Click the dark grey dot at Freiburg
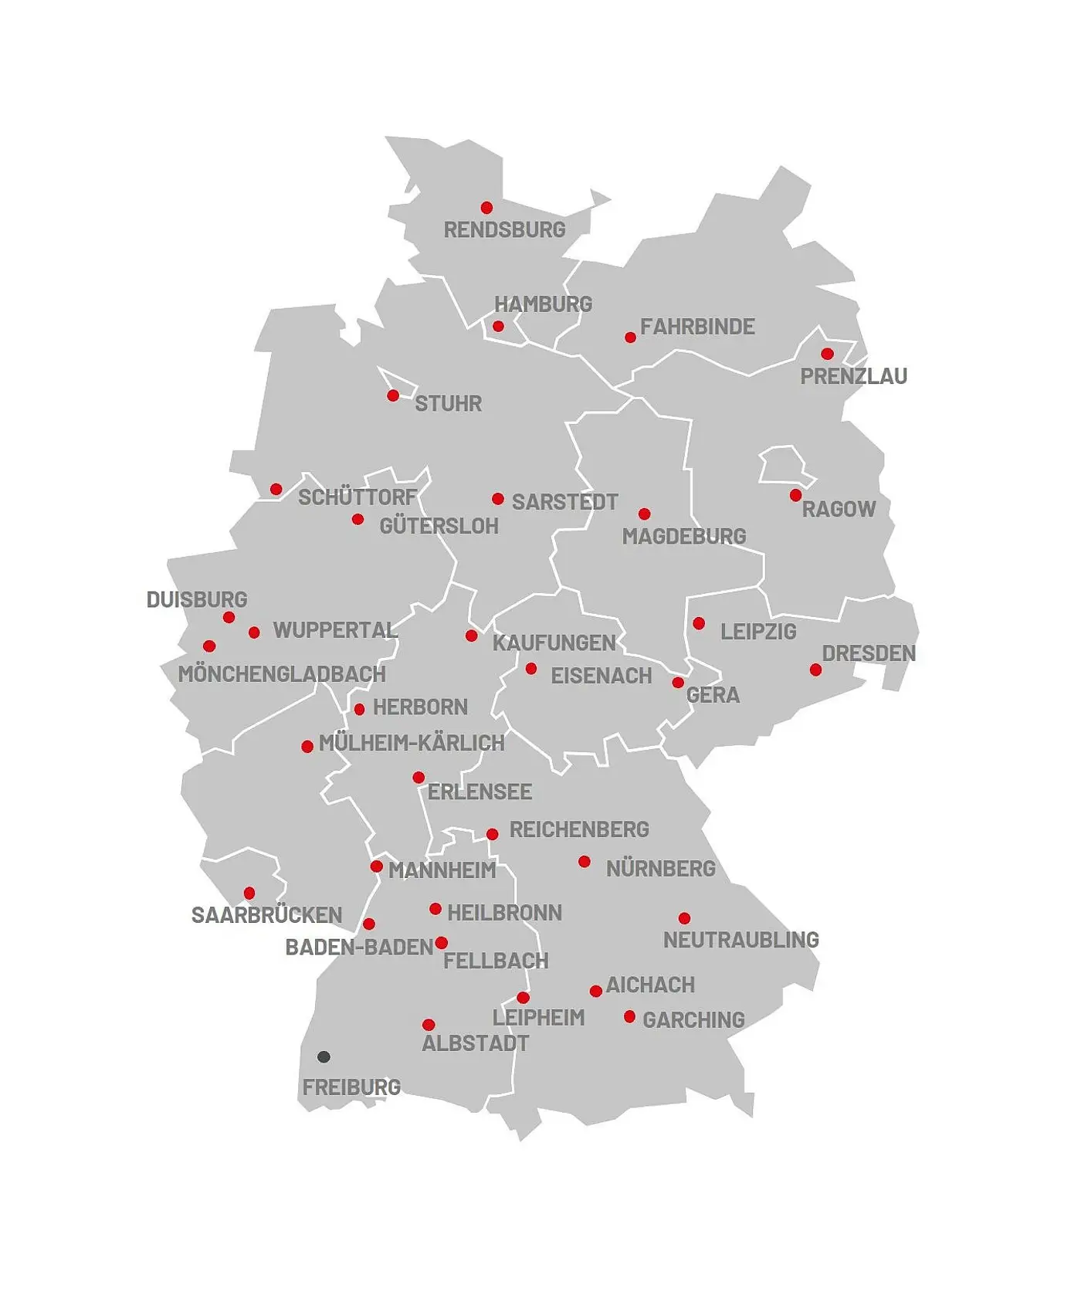click(324, 1056)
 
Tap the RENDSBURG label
click(504, 229)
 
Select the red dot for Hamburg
click(498, 326)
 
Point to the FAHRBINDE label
click(697, 327)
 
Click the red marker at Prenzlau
click(827, 354)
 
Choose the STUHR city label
click(448, 403)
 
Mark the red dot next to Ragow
click(795, 495)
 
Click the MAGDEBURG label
click(684, 536)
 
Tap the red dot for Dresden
click(815, 670)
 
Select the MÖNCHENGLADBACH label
click(282, 674)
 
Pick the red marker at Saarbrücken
click(249, 893)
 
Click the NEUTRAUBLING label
click(740, 940)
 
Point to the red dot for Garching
click(629, 1016)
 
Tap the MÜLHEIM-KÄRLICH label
click(412, 743)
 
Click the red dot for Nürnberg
click(585, 862)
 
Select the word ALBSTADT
click(475, 1043)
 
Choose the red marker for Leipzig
click(699, 623)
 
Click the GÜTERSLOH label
click(439, 526)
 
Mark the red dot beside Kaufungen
click(471, 636)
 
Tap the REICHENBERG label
click(579, 829)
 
